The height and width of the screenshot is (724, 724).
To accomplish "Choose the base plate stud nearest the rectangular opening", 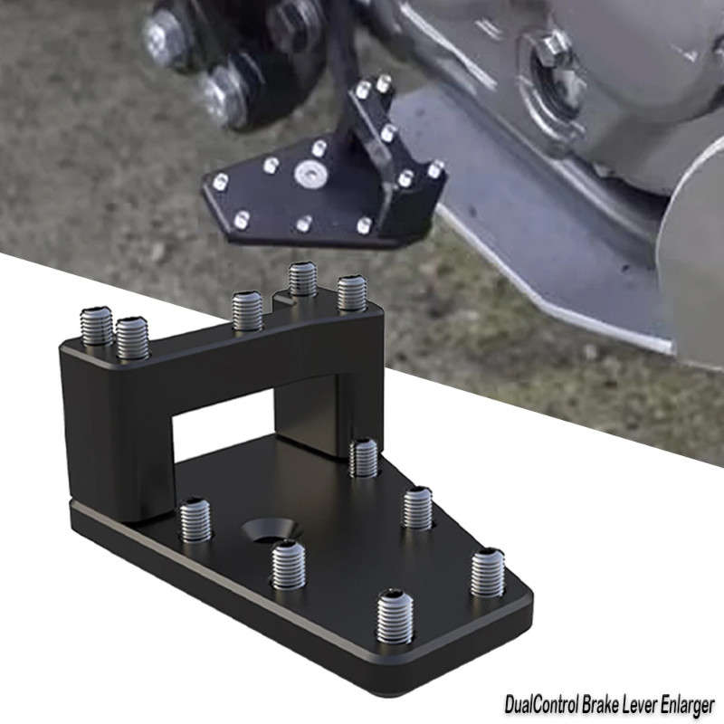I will (x=363, y=457).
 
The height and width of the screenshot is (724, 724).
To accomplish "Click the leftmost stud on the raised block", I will (x=97, y=326).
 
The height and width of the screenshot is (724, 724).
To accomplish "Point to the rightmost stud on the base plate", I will (x=487, y=572).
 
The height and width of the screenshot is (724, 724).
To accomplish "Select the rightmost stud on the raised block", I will (x=351, y=293).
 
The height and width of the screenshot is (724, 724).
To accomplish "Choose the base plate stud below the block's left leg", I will (x=195, y=520).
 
